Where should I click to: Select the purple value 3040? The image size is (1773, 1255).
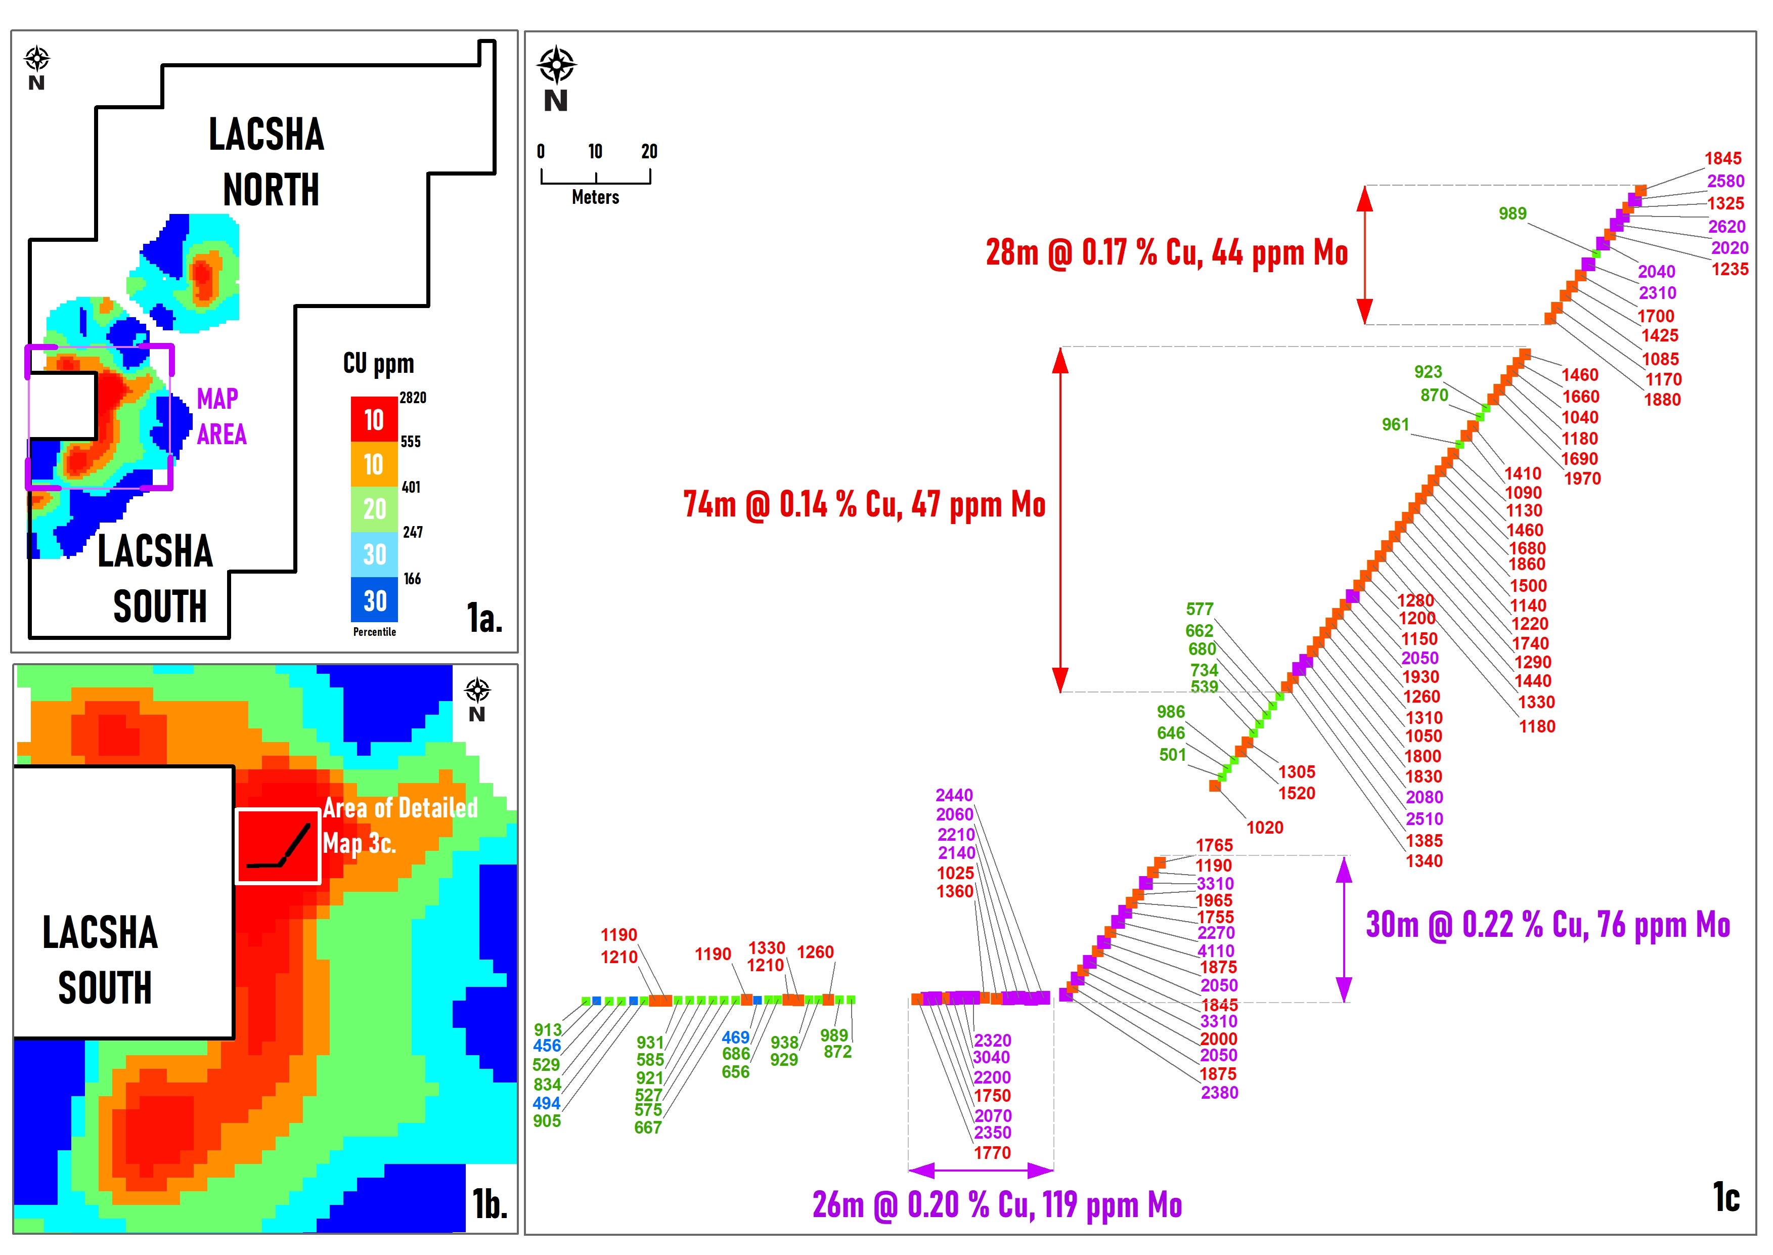point(991,1057)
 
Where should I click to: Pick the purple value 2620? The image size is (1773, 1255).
point(1726,227)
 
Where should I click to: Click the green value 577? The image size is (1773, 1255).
point(1199,609)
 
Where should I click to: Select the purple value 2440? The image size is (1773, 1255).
point(954,795)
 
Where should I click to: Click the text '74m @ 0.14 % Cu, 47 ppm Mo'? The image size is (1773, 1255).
point(864,505)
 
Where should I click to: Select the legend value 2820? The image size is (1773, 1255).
point(413,398)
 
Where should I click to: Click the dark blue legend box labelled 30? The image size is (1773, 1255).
point(375,600)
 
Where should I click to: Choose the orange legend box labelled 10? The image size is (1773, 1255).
point(375,464)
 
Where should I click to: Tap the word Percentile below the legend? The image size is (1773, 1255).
point(375,632)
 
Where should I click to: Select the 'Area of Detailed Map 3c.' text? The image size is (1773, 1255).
point(400,826)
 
